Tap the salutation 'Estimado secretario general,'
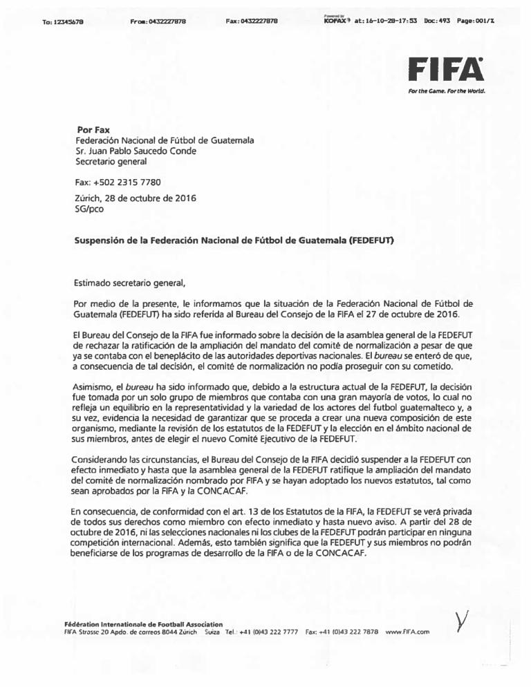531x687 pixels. [130, 282]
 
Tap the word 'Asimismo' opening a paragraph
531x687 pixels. [94, 388]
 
